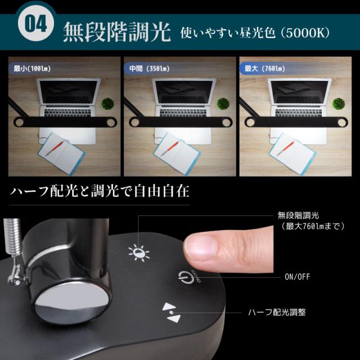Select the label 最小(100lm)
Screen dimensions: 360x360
click(33, 69)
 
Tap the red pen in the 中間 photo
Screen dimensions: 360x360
click(173, 147)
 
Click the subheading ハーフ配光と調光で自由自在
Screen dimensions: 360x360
click(100, 192)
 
